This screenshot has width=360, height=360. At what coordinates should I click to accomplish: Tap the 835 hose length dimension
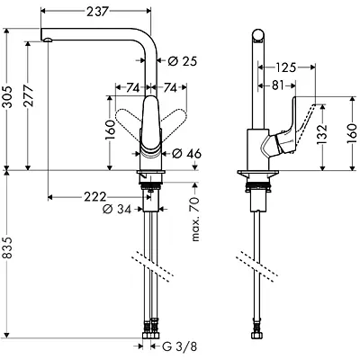click(x=9, y=259)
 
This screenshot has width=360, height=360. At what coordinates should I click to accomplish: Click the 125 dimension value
click(x=287, y=67)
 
